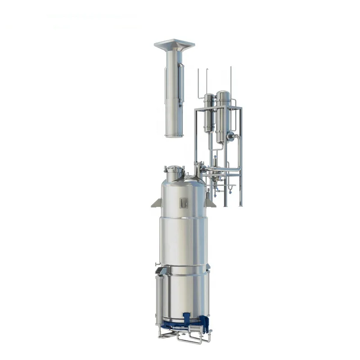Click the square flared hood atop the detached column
tap(174, 45)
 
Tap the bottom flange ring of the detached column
tap(174, 135)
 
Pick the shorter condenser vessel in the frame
tap(209, 112)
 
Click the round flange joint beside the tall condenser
tap(230, 135)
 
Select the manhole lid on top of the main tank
tap(174, 169)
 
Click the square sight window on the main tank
tap(183, 203)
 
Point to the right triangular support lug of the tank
tap(210, 203)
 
